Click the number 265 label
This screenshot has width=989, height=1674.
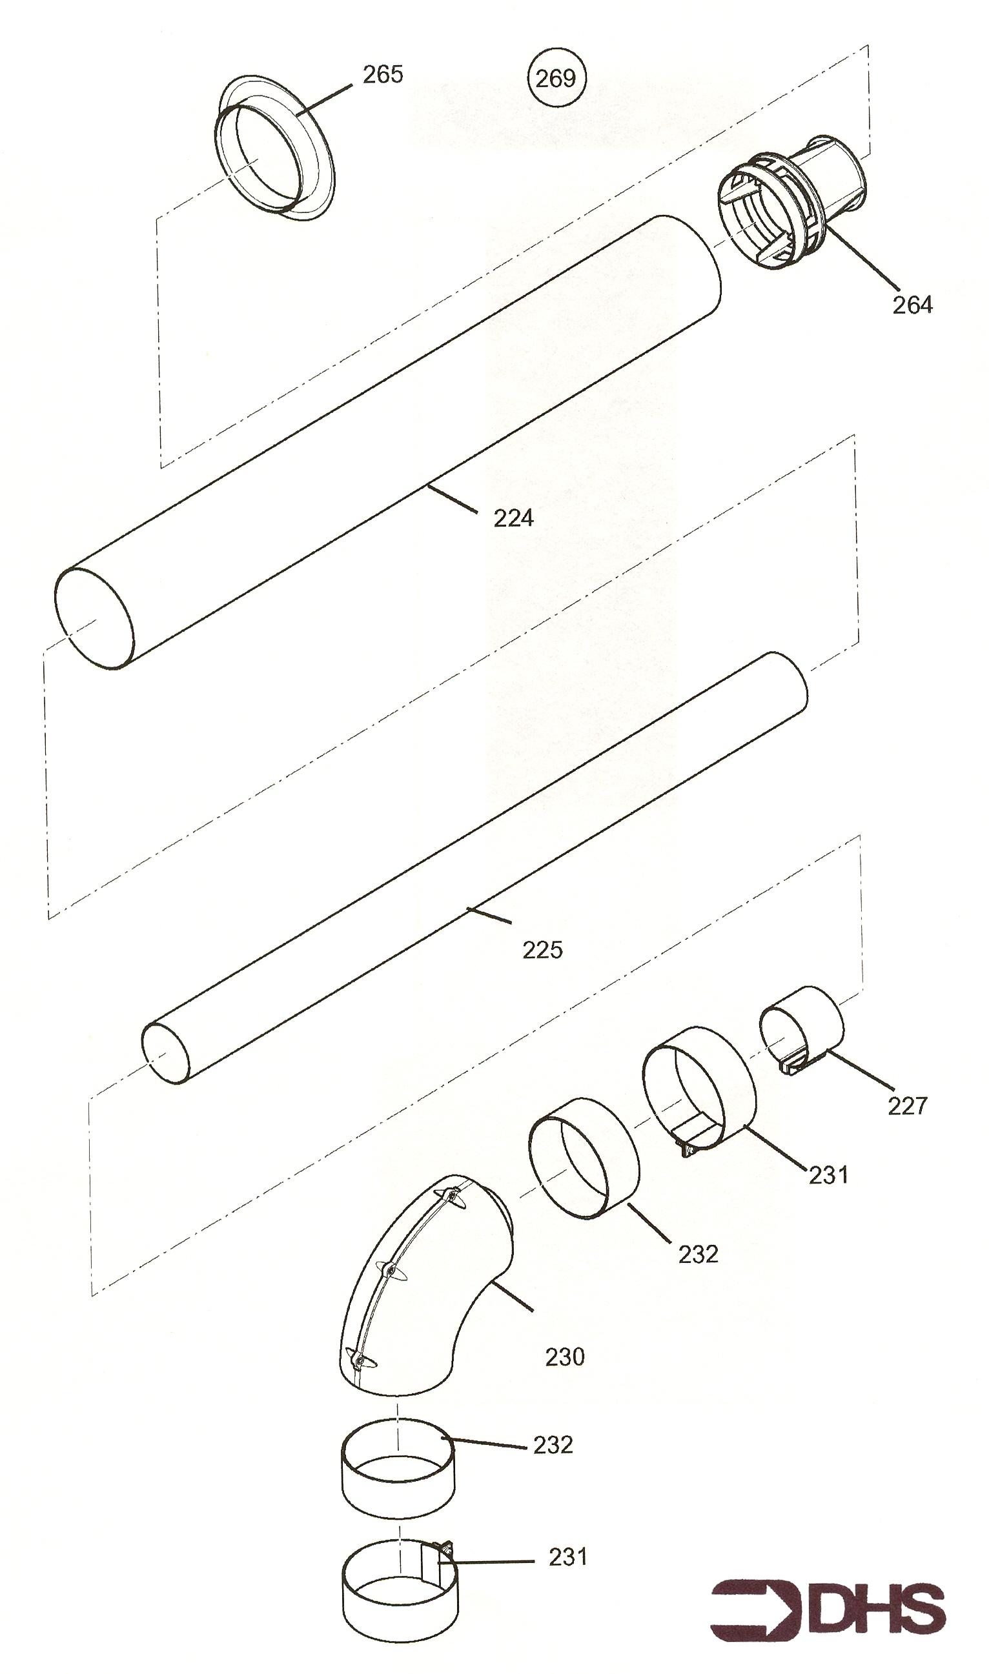point(383,75)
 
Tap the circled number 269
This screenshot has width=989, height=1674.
point(555,78)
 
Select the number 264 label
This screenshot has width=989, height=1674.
point(912,305)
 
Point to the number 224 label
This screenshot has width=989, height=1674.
point(513,518)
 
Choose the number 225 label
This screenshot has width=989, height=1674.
point(542,950)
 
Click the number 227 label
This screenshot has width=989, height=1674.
point(908,1106)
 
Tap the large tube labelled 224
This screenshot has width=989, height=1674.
point(389,441)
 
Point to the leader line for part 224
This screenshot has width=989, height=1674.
point(452,499)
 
